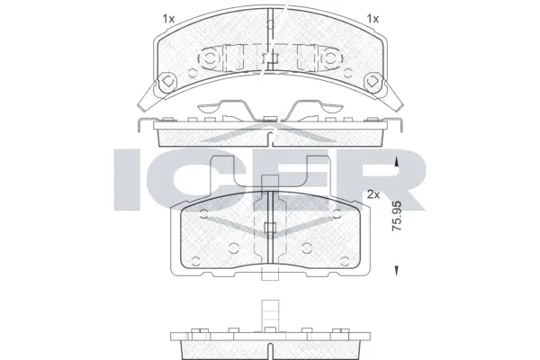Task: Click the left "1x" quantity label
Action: tap(167, 18)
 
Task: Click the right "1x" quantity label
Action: tap(373, 18)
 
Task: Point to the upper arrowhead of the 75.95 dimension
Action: tap(397, 162)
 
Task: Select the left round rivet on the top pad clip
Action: tap(208, 58)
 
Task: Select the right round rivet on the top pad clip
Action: tap(331, 58)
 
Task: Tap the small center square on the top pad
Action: tap(270, 60)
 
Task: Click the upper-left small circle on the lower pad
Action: tap(204, 214)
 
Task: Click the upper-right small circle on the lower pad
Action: tap(335, 214)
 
